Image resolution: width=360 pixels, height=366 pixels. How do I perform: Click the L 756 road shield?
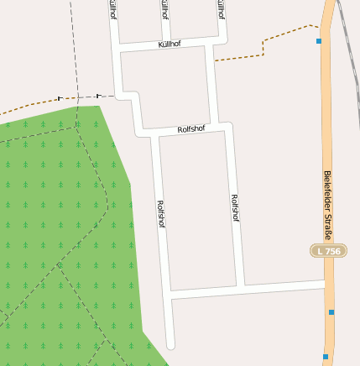click(x=327, y=251)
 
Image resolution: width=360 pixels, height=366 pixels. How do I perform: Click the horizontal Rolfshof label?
click(x=192, y=129)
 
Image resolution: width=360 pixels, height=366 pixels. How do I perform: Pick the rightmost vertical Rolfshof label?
click(x=234, y=207)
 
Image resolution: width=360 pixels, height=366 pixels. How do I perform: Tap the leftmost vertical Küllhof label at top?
click(x=113, y=10)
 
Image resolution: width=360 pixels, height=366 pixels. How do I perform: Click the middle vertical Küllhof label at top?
click(x=164, y=10)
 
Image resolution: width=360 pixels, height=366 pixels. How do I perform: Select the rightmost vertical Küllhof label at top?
click(x=221, y=10)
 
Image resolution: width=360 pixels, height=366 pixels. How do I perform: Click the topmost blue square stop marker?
click(x=319, y=40)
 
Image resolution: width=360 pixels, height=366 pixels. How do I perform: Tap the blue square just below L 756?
click(x=331, y=312)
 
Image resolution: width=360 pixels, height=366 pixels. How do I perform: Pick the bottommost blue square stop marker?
click(x=326, y=356)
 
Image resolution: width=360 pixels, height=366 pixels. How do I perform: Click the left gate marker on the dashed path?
click(x=60, y=98)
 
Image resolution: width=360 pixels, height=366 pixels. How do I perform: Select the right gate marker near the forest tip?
click(x=98, y=95)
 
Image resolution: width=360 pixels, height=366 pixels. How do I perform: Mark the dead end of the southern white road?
click(x=170, y=344)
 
